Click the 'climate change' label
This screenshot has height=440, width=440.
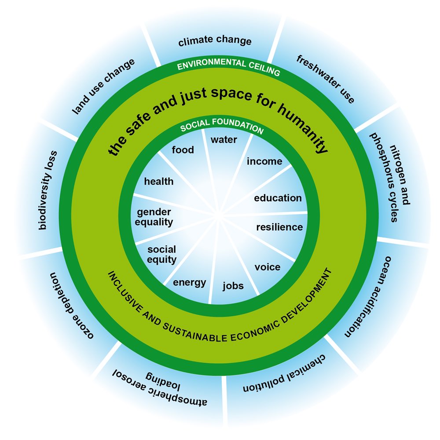(215, 41)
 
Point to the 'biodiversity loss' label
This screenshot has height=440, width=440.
(48, 190)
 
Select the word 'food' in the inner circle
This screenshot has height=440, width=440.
(183, 150)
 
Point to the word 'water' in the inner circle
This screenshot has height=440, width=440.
(224, 140)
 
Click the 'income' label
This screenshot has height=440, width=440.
(264, 161)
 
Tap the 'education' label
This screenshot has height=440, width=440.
(278, 198)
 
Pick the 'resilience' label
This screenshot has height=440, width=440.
(279, 227)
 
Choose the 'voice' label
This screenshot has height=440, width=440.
(268, 267)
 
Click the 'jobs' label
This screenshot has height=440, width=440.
(233, 286)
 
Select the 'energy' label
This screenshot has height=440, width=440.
(189, 283)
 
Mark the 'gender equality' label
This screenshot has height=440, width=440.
(154, 217)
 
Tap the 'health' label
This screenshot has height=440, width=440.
(159, 181)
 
